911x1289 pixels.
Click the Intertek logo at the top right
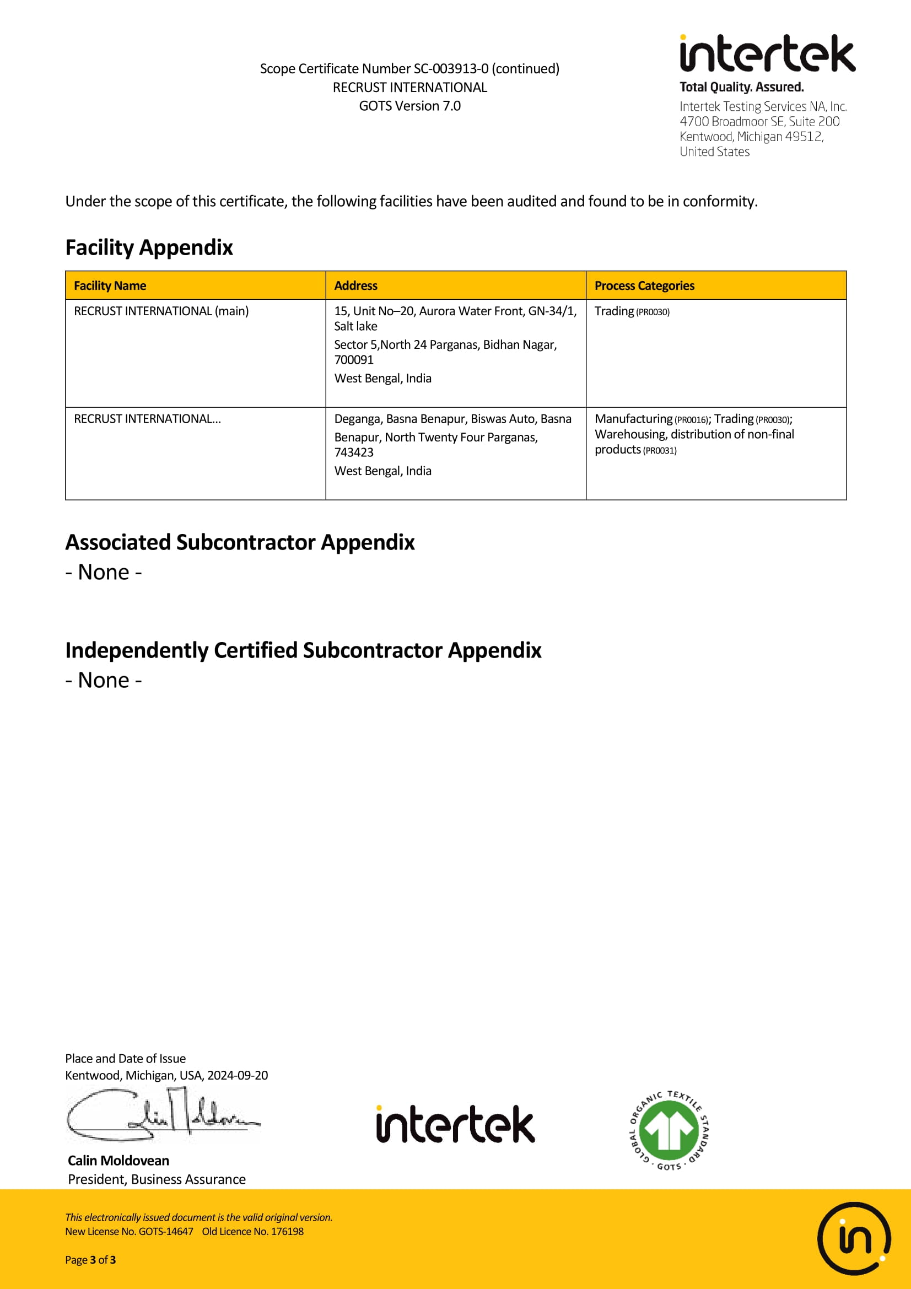[767, 55]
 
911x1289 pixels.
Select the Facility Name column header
[110, 286]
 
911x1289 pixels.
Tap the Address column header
[356, 286]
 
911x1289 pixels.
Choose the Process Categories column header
[644, 286]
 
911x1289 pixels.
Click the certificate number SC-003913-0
[451, 69]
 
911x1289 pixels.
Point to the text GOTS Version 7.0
[409, 106]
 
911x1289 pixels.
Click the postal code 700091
[354, 360]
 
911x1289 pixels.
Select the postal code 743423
[354, 452]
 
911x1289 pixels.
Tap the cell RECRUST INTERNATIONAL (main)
[161, 311]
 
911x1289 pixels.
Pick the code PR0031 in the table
[660, 451]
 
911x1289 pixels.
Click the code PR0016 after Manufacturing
[692, 420]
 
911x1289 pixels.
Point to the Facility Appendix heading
[149, 247]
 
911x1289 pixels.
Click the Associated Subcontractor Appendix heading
[240, 542]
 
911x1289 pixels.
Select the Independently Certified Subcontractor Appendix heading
[303, 650]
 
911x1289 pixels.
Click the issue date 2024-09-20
[238, 1075]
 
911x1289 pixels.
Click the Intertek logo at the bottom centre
[455, 1125]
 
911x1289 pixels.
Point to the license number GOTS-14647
[165, 1232]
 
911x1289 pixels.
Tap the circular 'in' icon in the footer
[853, 1238]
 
